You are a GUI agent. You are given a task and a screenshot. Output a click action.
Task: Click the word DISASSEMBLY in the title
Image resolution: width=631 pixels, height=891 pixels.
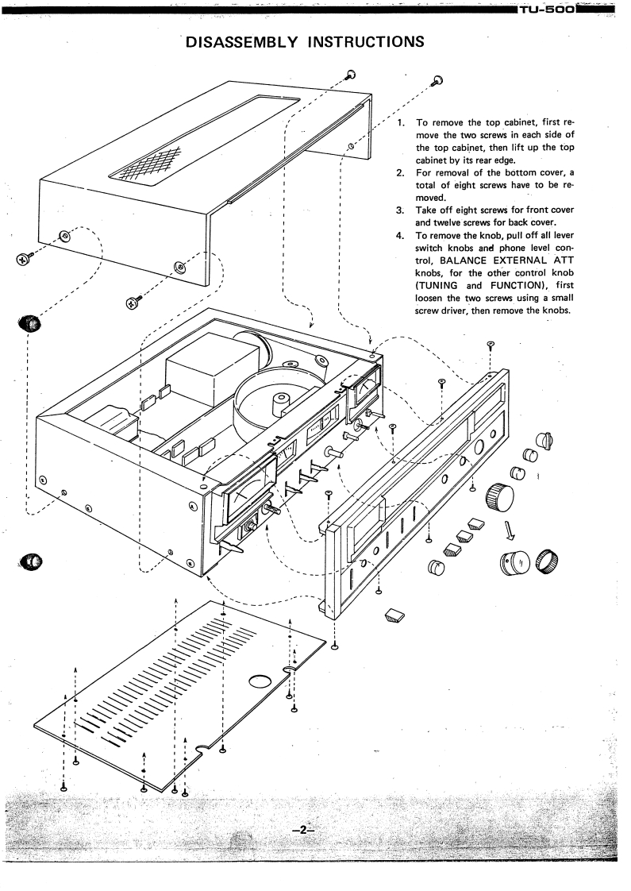[x=233, y=40]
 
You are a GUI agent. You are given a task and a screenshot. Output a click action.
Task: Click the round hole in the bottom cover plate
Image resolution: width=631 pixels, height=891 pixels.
[x=260, y=681]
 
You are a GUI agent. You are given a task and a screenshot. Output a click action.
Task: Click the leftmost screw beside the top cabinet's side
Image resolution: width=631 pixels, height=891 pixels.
[x=23, y=258]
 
